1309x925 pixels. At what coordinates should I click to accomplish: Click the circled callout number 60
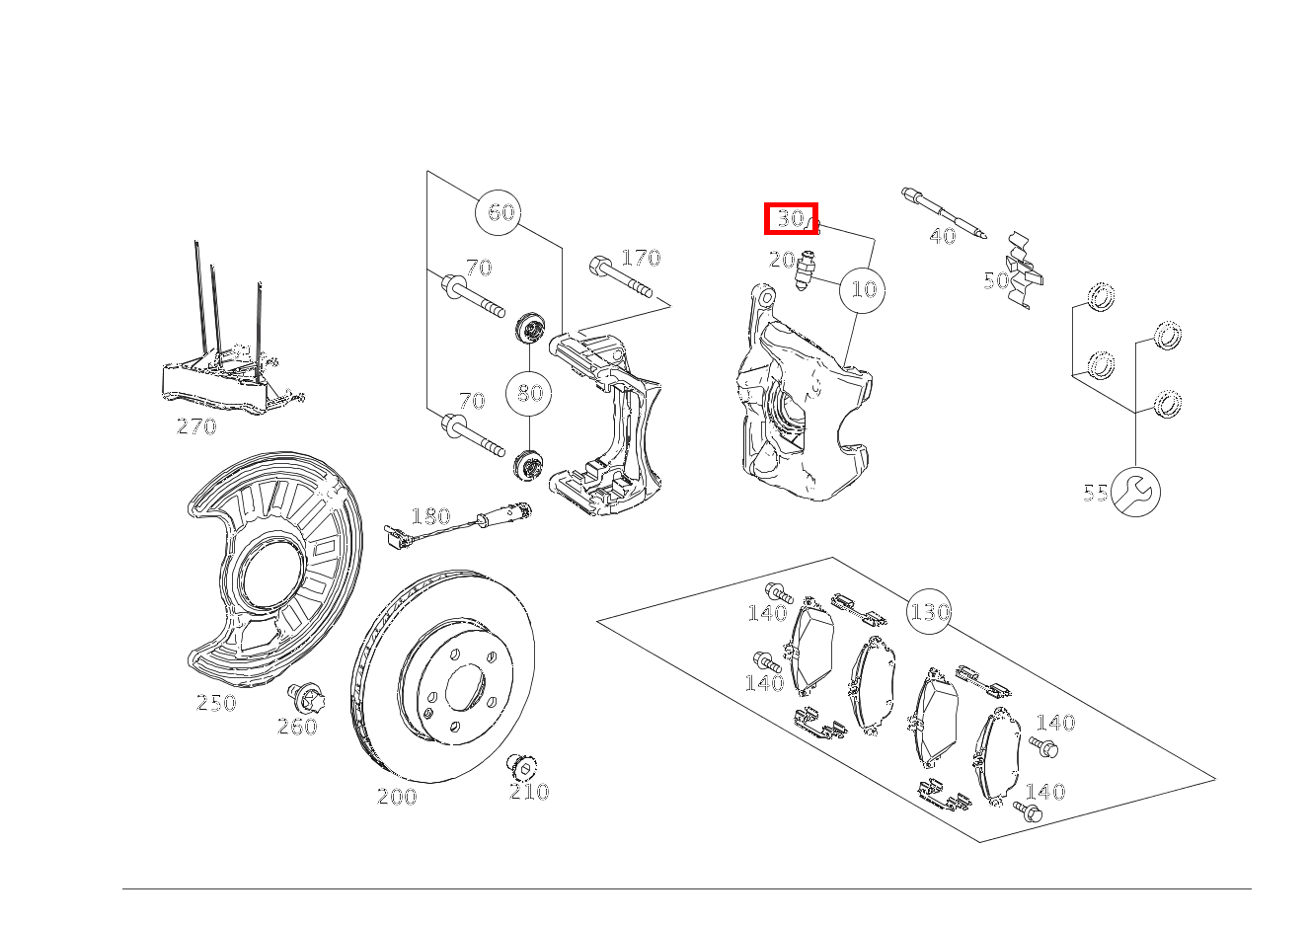pyautogui.click(x=498, y=212)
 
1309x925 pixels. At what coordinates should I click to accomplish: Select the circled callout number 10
pyautogui.click(x=862, y=290)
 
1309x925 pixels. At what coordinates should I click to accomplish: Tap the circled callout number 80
pyautogui.click(x=529, y=392)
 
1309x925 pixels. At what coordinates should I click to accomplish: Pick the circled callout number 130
pyautogui.click(x=929, y=611)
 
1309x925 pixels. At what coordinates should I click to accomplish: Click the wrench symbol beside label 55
pyautogui.click(x=1135, y=492)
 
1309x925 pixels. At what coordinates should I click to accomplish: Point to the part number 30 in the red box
pyautogui.click(x=790, y=219)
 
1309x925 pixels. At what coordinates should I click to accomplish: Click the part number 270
pyautogui.click(x=196, y=426)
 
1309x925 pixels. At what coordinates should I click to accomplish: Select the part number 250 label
pyautogui.click(x=216, y=702)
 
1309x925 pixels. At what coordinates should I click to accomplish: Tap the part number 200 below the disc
pyautogui.click(x=398, y=797)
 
